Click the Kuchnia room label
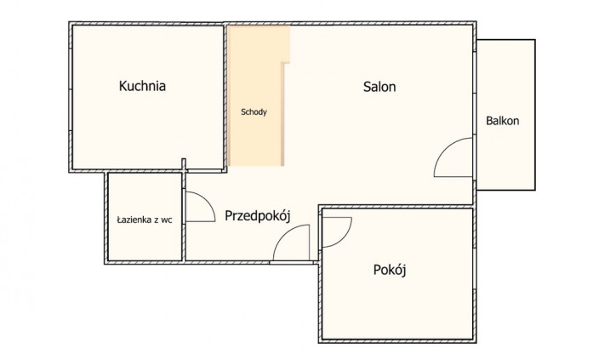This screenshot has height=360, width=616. tap(142, 86)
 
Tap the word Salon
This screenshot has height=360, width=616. tap(379, 87)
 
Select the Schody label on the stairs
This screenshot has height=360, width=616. tap(254, 112)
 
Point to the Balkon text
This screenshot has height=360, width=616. tap(503, 121)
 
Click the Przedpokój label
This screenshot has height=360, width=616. tap(257, 216)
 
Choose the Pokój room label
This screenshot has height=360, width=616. tap(390, 270)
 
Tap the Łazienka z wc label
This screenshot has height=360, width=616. tap(145, 220)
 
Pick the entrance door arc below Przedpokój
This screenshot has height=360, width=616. tap(282, 234)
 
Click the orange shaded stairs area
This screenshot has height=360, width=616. tap(255, 94)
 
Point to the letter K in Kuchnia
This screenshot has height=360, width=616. tap(123, 86)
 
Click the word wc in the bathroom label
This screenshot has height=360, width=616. tap(167, 220)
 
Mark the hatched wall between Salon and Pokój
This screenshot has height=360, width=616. tap(396, 206)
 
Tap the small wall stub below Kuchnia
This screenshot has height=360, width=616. tap(184, 164)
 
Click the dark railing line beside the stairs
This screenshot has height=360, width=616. tap(282, 114)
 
